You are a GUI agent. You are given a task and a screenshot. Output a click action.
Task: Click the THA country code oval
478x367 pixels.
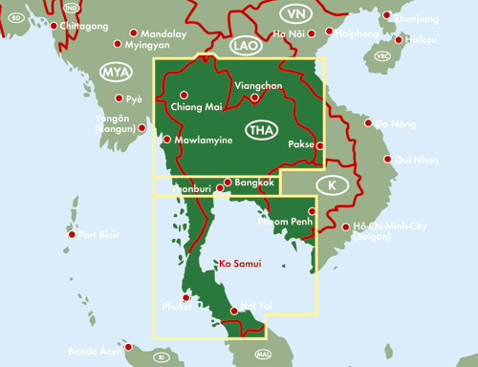tap(259, 130)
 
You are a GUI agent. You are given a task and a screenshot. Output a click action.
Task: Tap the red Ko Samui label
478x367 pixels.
tap(240, 263)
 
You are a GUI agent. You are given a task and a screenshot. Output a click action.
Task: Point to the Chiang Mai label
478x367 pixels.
tap(196, 107)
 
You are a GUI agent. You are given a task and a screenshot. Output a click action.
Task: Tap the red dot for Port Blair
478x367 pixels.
tap(72, 235)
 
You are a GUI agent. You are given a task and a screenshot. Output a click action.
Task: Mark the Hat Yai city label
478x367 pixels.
tap(257, 305)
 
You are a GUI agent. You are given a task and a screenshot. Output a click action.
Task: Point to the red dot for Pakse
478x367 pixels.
tap(320, 145)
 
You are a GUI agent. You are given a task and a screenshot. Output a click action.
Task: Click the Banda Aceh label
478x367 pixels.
tap(96, 352)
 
